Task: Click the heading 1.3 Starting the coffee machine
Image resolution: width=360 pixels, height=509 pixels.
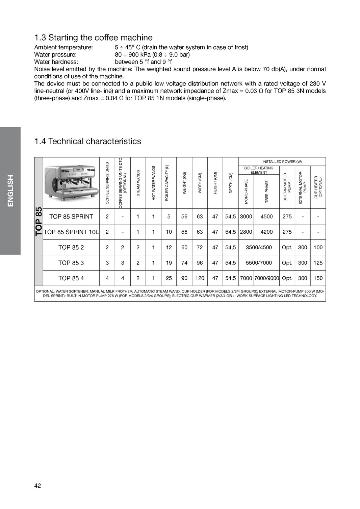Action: point(93,37)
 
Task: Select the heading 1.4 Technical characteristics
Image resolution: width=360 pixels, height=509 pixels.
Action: point(87,141)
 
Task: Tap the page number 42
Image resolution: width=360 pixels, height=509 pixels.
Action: point(37,486)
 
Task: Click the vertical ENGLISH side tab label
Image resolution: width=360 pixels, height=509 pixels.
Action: point(10,190)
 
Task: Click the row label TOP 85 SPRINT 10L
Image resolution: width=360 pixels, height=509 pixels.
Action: point(71,232)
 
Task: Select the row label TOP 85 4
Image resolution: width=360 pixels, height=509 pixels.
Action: point(71,278)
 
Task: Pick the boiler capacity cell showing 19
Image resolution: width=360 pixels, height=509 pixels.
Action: point(169,263)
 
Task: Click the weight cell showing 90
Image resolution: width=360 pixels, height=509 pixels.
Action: point(184,278)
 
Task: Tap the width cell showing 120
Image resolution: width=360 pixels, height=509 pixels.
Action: point(200,278)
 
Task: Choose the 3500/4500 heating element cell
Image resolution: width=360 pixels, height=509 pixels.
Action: point(259,248)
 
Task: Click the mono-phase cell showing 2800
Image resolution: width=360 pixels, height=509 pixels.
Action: point(246,232)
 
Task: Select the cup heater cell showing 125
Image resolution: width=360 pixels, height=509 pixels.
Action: point(318,263)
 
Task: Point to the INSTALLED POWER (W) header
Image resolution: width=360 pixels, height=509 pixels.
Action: point(282,162)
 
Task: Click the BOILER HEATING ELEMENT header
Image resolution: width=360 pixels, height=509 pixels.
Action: point(259,170)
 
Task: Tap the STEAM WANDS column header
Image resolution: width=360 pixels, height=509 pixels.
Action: point(138,183)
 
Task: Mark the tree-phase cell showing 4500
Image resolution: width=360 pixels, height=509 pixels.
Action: point(266,217)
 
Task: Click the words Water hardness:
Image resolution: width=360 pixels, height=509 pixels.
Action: point(56,62)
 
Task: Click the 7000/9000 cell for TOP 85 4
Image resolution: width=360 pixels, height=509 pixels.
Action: point(266,278)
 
